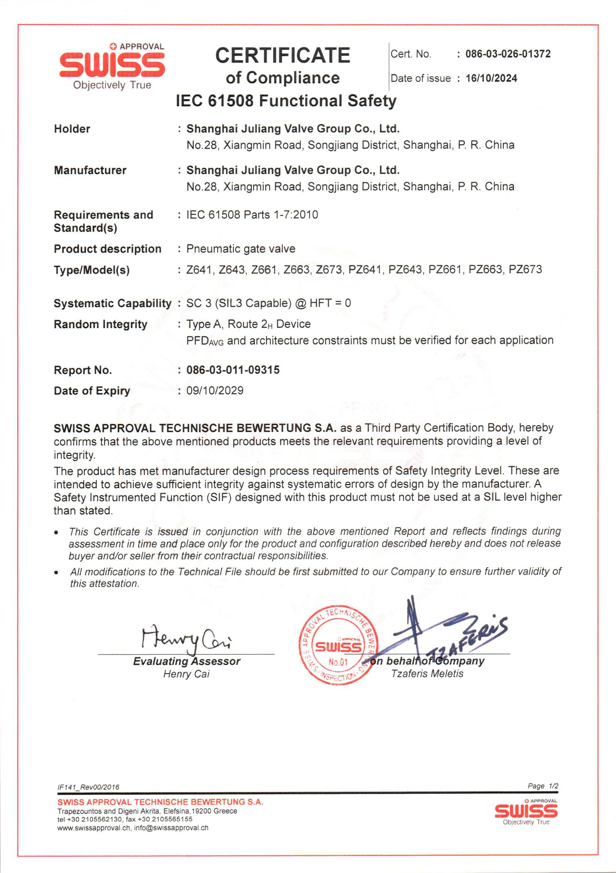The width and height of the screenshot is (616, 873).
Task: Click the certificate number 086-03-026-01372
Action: pyautogui.click(x=508, y=54)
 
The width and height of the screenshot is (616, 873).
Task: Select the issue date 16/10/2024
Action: pyautogui.click(x=491, y=78)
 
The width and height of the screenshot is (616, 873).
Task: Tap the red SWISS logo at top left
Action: pyautogui.click(x=112, y=65)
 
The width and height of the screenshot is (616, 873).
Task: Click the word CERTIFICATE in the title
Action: pyautogui.click(x=283, y=55)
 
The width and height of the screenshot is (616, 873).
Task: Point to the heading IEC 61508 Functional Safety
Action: pyautogui.click(x=286, y=101)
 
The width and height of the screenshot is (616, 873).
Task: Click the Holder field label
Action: pyautogui.click(x=72, y=129)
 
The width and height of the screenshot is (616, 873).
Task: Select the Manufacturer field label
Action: pyautogui.click(x=90, y=170)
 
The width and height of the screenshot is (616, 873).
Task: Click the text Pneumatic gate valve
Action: pyautogui.click(x=241, y=249)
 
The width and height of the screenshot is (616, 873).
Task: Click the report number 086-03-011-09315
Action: pyautogui.click(x=233, y=370)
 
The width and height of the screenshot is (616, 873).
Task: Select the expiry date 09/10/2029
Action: pyautogui.click(x=215, y=390)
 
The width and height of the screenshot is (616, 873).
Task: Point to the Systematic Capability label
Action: pyautogui.click(x=112, y=303)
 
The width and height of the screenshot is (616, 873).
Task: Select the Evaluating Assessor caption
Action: pyautogui.click(x=186, y=661)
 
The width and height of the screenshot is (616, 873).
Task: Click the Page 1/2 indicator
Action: pyautogui.click(x=543, y=786)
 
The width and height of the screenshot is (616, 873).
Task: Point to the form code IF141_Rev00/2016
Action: pyautogui.click(x=88, y=787)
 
